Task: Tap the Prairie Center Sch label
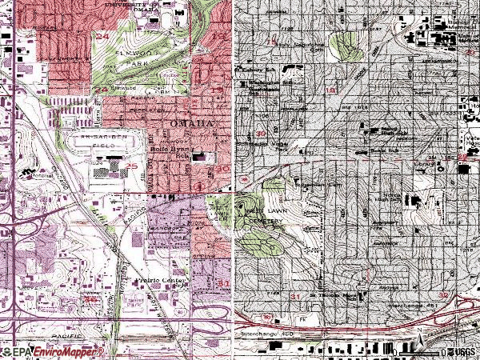tap(162, 282)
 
